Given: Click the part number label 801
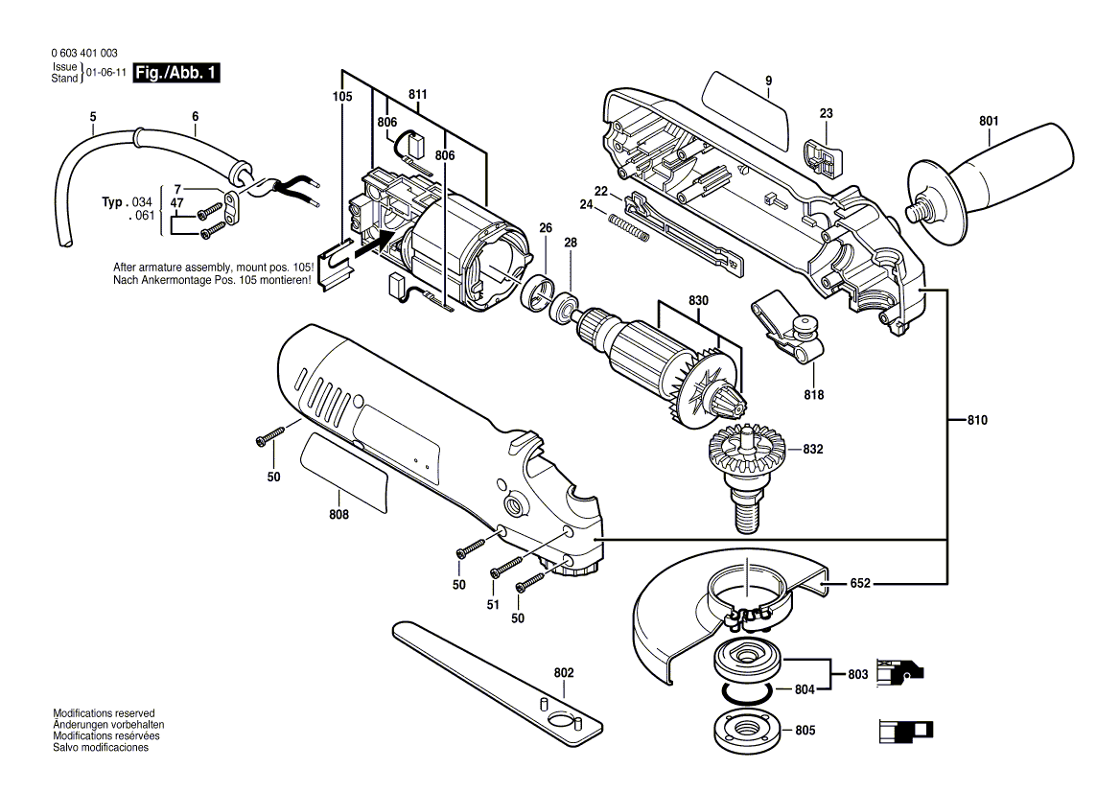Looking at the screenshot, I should (989, 121).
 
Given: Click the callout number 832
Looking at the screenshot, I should (813, 449).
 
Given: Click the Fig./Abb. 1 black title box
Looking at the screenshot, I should (176, 73).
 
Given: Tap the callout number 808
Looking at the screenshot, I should (338, 515).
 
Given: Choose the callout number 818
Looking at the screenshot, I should (813, 394).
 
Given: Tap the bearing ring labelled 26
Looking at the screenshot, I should (539, 291).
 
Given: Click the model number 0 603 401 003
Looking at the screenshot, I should (83, 54).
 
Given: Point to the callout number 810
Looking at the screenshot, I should (976, 420).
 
